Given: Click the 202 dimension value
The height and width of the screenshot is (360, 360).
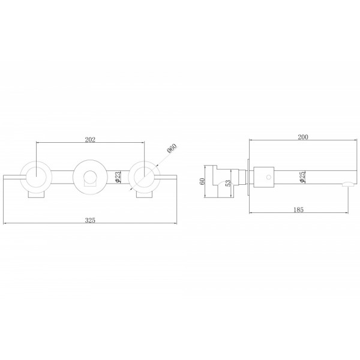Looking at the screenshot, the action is [90, 140].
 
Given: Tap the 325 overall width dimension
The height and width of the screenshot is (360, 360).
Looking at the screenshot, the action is [90, 220].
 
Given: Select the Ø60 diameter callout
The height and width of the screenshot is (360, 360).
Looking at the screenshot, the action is [172, 148].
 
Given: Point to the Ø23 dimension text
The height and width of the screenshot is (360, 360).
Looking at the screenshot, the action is [118, 177].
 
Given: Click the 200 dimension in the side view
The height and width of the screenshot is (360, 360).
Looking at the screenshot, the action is [303, 137].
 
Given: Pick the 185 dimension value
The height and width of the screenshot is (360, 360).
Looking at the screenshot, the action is [298, 209].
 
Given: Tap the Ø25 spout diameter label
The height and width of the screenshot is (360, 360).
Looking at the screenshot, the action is [302, 177].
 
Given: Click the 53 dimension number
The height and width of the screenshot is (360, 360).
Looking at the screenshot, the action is [228, 183].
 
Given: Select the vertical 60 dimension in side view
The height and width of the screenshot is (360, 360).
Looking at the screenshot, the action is [202, 181].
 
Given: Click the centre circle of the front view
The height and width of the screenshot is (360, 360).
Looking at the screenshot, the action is [90, 161].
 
